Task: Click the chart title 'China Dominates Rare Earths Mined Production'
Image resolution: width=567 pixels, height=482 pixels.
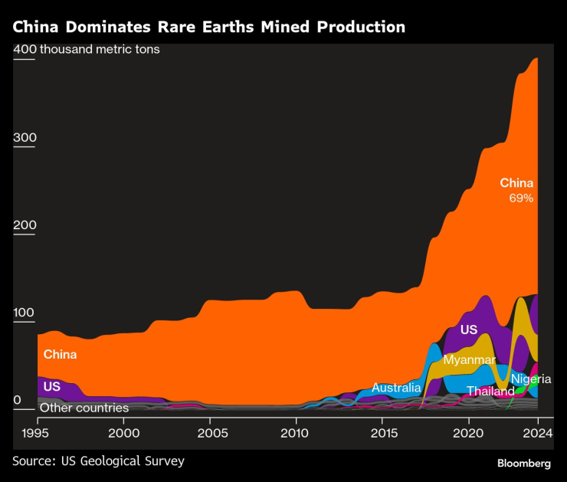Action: point(208,27)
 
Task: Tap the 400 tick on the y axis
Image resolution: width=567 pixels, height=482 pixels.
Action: point(25,50)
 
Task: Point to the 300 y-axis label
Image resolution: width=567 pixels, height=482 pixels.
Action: point(25,138)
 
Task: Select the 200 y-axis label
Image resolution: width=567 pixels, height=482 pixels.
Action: point(25,225)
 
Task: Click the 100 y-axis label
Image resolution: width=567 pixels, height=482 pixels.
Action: point(25,313)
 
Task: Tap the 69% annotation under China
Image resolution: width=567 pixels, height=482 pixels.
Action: point(521,198)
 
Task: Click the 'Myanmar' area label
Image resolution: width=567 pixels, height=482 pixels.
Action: point(469,359)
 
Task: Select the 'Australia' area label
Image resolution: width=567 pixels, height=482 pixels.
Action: point(396,388)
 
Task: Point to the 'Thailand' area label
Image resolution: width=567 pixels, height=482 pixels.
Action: point(490,392)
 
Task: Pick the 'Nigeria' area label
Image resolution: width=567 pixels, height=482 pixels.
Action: point(531,379)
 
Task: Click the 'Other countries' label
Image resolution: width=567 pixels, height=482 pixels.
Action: point(84,408)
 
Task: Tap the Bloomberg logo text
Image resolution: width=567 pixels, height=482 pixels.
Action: point(524,464)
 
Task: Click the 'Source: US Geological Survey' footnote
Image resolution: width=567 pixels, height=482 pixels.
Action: point(98,461)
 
